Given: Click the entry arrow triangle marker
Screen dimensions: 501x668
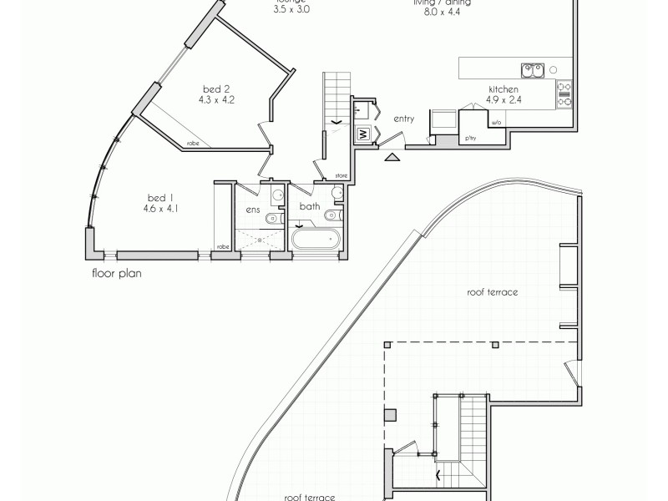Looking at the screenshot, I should [x=392, y=154].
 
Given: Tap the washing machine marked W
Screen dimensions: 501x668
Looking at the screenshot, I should [x=364, y=134].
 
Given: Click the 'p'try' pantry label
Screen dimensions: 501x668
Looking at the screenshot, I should [x=471, y=138].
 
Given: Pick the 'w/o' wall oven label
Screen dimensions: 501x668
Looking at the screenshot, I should [x=495, y=124].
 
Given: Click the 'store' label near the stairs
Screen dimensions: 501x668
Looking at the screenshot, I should [x=340, y=175].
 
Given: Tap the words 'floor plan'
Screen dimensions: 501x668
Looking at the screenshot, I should [x=115, y=272].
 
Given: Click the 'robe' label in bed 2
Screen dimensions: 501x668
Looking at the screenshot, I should [x=193, y=143].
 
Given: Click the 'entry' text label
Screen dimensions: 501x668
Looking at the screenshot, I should [x=404, y=119].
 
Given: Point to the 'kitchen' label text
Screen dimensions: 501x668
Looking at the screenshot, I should [x=504, y=89].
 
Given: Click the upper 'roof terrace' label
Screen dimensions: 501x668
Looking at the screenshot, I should [x=494, y=293].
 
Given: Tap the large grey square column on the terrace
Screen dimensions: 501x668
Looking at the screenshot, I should [x=389, y=414].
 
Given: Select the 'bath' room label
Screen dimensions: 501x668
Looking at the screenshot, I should [x=310, y=205].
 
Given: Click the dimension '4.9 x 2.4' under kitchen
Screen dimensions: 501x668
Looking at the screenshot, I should [x=504, y=99].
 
